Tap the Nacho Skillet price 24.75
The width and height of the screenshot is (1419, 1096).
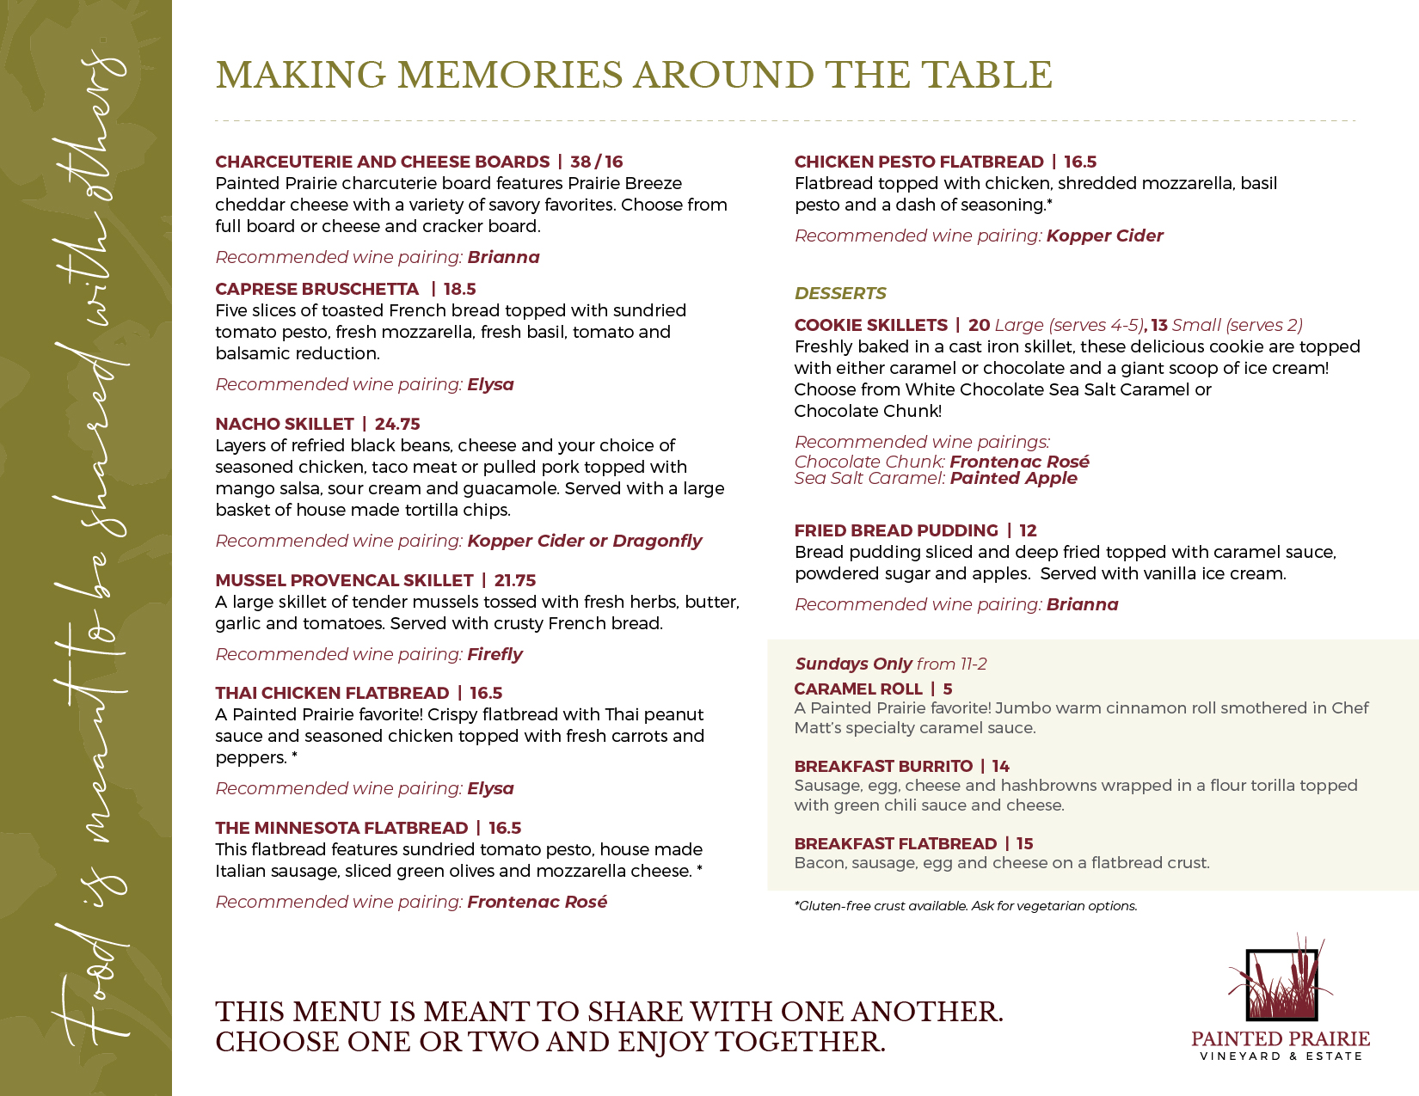(x=397, y=424)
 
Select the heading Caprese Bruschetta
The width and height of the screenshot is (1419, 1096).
(x=316, y=289)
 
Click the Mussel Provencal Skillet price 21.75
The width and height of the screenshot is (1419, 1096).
(x=515, y=580)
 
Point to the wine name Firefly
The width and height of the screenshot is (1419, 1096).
(x=494, y=654)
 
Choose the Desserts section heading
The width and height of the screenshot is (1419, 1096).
(x=840, y=293)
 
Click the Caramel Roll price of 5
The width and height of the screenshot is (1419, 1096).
(x=948, y=689)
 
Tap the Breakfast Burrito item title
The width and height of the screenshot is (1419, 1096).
(x=883, y=766)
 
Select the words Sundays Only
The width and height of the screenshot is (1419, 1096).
(x=853, y=664)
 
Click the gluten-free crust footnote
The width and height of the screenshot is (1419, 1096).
(x=965, y=906)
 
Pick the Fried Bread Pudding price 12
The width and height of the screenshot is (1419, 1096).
(x=1028, y=530)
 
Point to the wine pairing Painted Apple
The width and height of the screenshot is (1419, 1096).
(x=1013, y=478)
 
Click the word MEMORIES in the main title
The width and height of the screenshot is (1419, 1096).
(x=509, y=75)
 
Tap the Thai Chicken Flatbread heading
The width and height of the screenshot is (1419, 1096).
(x=332, y=693)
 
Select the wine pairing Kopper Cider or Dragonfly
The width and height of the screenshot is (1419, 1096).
(x=584, y=541)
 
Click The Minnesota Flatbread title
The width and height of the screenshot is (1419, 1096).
(x=341, y=828)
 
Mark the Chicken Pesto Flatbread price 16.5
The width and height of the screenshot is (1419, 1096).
(x=1080, y=162)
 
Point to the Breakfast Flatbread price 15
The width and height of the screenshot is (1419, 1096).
(x=1024, y=843)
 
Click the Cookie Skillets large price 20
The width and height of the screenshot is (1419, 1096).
(x=979, y=325)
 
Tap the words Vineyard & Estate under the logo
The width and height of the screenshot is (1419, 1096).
(x=1281, y=1056)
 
